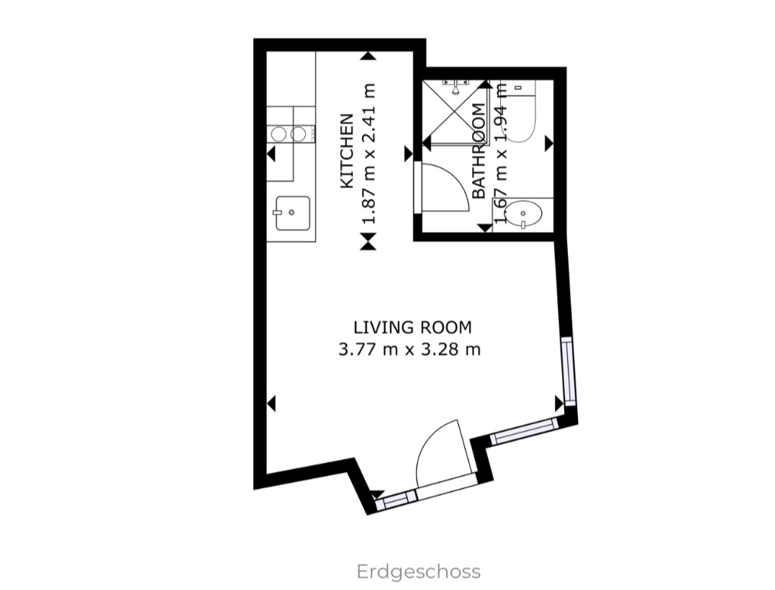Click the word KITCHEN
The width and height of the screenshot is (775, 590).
(x=347, y=151)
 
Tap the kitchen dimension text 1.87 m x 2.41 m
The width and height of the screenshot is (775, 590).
(x=369, y=153)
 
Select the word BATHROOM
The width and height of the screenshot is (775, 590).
(x=479, y=151)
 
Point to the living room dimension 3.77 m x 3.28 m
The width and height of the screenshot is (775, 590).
(x=409, y=351)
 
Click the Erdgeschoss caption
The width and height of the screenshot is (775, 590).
(x=419, y=572)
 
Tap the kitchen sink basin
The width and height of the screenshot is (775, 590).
(x=292, y=213)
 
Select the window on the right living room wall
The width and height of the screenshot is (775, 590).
(x=568, y=371)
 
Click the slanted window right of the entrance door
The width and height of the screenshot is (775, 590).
(x=524, y=429)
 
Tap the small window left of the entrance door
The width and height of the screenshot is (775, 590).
(x=396, y=499)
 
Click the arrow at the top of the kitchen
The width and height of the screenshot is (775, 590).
(x=368, y=55)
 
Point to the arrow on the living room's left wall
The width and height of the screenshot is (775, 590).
(x=271, y=404)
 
